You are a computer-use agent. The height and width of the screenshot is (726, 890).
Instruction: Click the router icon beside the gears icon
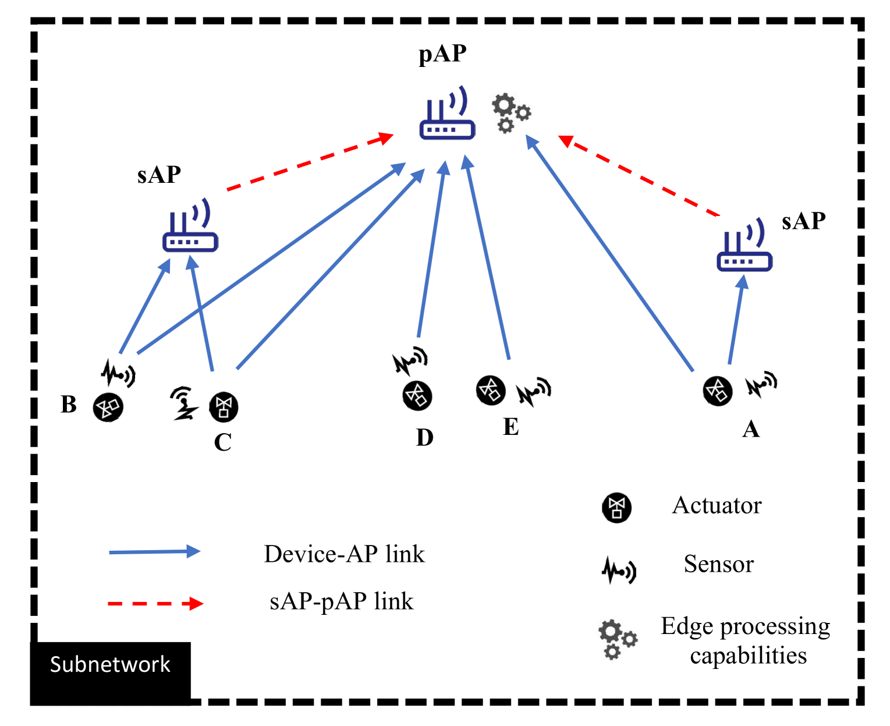pyautogui.click(x=447, y=112)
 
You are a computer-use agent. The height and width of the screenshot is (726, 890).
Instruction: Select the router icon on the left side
pyautogui.click(x=190, y=225)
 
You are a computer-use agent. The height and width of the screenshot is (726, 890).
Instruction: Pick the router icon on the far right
pyautogui.click(x=744, y=245)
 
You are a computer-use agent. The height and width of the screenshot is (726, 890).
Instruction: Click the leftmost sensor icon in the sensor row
pyautogui.click(x=108, y=407)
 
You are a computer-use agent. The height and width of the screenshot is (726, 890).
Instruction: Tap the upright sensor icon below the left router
pyautogui.click(x=224, y=407)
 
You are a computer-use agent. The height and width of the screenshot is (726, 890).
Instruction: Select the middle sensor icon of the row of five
pyautogui.click(x=417, y=395)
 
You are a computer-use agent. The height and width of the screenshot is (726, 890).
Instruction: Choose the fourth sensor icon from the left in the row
pyautogui.click(x=491, y=390)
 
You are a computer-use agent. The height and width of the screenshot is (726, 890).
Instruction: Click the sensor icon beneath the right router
pyautogui.click(x=718, y=391)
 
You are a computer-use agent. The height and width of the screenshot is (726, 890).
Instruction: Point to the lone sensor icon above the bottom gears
pyautogui.click(x=616, y=508)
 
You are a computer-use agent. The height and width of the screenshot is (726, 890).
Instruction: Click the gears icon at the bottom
pyautogui.click(x=614, y=636)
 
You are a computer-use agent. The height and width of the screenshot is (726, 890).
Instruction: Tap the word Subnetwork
pyautogui.click(x=110, y=664)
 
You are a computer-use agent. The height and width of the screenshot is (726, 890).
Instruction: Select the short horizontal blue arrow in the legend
pyautogui.click(x=154, y=551)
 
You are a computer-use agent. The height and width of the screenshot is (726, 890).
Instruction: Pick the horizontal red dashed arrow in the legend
pyautogui.click(x=155, y=604)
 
